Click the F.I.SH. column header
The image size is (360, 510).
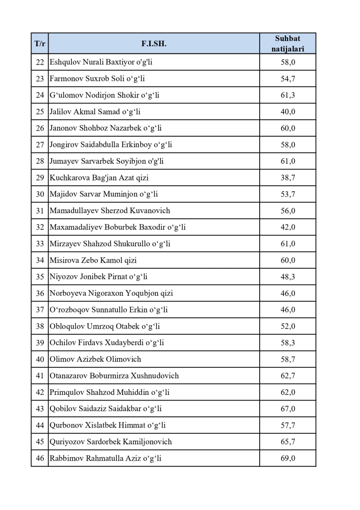(x=154, y=44)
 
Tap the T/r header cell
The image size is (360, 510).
(x=40, y=44)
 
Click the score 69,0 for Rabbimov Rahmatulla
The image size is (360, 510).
(x=288, y=458)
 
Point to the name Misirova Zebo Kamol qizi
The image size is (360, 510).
(x=93, y=260)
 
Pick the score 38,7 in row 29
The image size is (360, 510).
(x=288, y=178)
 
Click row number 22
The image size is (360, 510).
(x=40, y=62)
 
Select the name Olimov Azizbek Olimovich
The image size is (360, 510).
(x=95, y=359)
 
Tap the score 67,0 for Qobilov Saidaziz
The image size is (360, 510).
(x=288, y=409)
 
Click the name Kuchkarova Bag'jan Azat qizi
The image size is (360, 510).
(x=99, y=178)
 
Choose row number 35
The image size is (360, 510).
(x=40, y=277)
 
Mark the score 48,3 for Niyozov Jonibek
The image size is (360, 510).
(x=288, y=277)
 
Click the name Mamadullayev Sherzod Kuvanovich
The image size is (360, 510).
(x=110, y=210)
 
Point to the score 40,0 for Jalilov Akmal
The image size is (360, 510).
(x=288, y=112)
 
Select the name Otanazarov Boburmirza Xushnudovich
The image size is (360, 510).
(x=114, y=376)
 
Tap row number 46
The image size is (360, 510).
(x=40, y=458)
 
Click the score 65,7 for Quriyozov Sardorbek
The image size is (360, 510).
(x=288, y=441)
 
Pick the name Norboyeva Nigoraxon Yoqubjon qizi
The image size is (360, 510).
(x=111, y=293)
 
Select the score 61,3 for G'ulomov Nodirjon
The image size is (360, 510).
(x=288, y=95)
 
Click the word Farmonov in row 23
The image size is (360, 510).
(x=66, y=79)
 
